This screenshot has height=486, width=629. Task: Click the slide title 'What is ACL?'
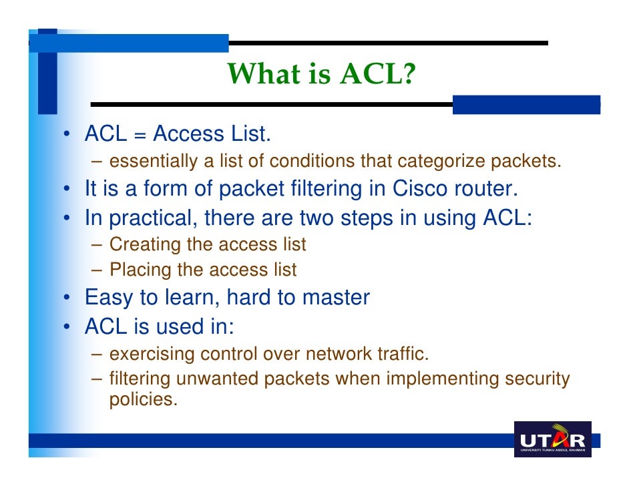[x=321, y=74]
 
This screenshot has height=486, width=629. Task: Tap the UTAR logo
[x=553, y=439]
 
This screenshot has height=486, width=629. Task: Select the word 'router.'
[x=487, y=190]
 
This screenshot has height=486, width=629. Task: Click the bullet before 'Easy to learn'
[x=68, y=298]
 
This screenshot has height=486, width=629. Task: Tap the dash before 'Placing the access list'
[x=97, y=270]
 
